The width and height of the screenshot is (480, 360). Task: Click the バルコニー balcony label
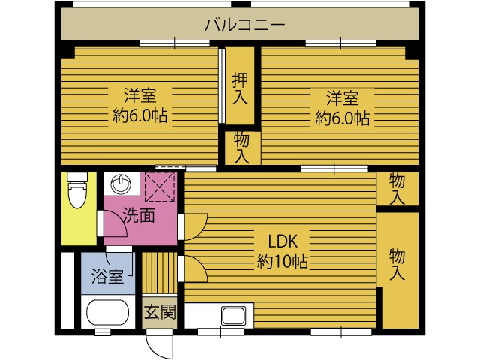pos(244,25)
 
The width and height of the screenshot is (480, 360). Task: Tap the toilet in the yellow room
pos(77,190)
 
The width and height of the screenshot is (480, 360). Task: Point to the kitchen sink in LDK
pos(233,316)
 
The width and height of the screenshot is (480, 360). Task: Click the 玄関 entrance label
pos(160,312)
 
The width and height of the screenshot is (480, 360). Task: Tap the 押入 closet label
pos(240,88)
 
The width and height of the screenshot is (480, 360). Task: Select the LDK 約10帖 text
pos(282,251)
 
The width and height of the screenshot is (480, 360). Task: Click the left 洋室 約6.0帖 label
pos(140,106)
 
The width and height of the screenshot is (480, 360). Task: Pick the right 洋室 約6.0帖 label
pos(342,108)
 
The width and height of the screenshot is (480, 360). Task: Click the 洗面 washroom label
pos(139,216)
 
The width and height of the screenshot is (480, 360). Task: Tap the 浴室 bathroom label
pos(107,276)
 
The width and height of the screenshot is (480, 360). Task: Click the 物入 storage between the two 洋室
pos(242,148)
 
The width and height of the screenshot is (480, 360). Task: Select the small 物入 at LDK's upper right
pos(397,189)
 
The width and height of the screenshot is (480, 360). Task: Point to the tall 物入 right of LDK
pos(397,265)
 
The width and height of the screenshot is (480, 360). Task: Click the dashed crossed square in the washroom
pos(160,187)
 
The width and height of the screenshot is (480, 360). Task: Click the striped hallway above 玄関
pos(160,273)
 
